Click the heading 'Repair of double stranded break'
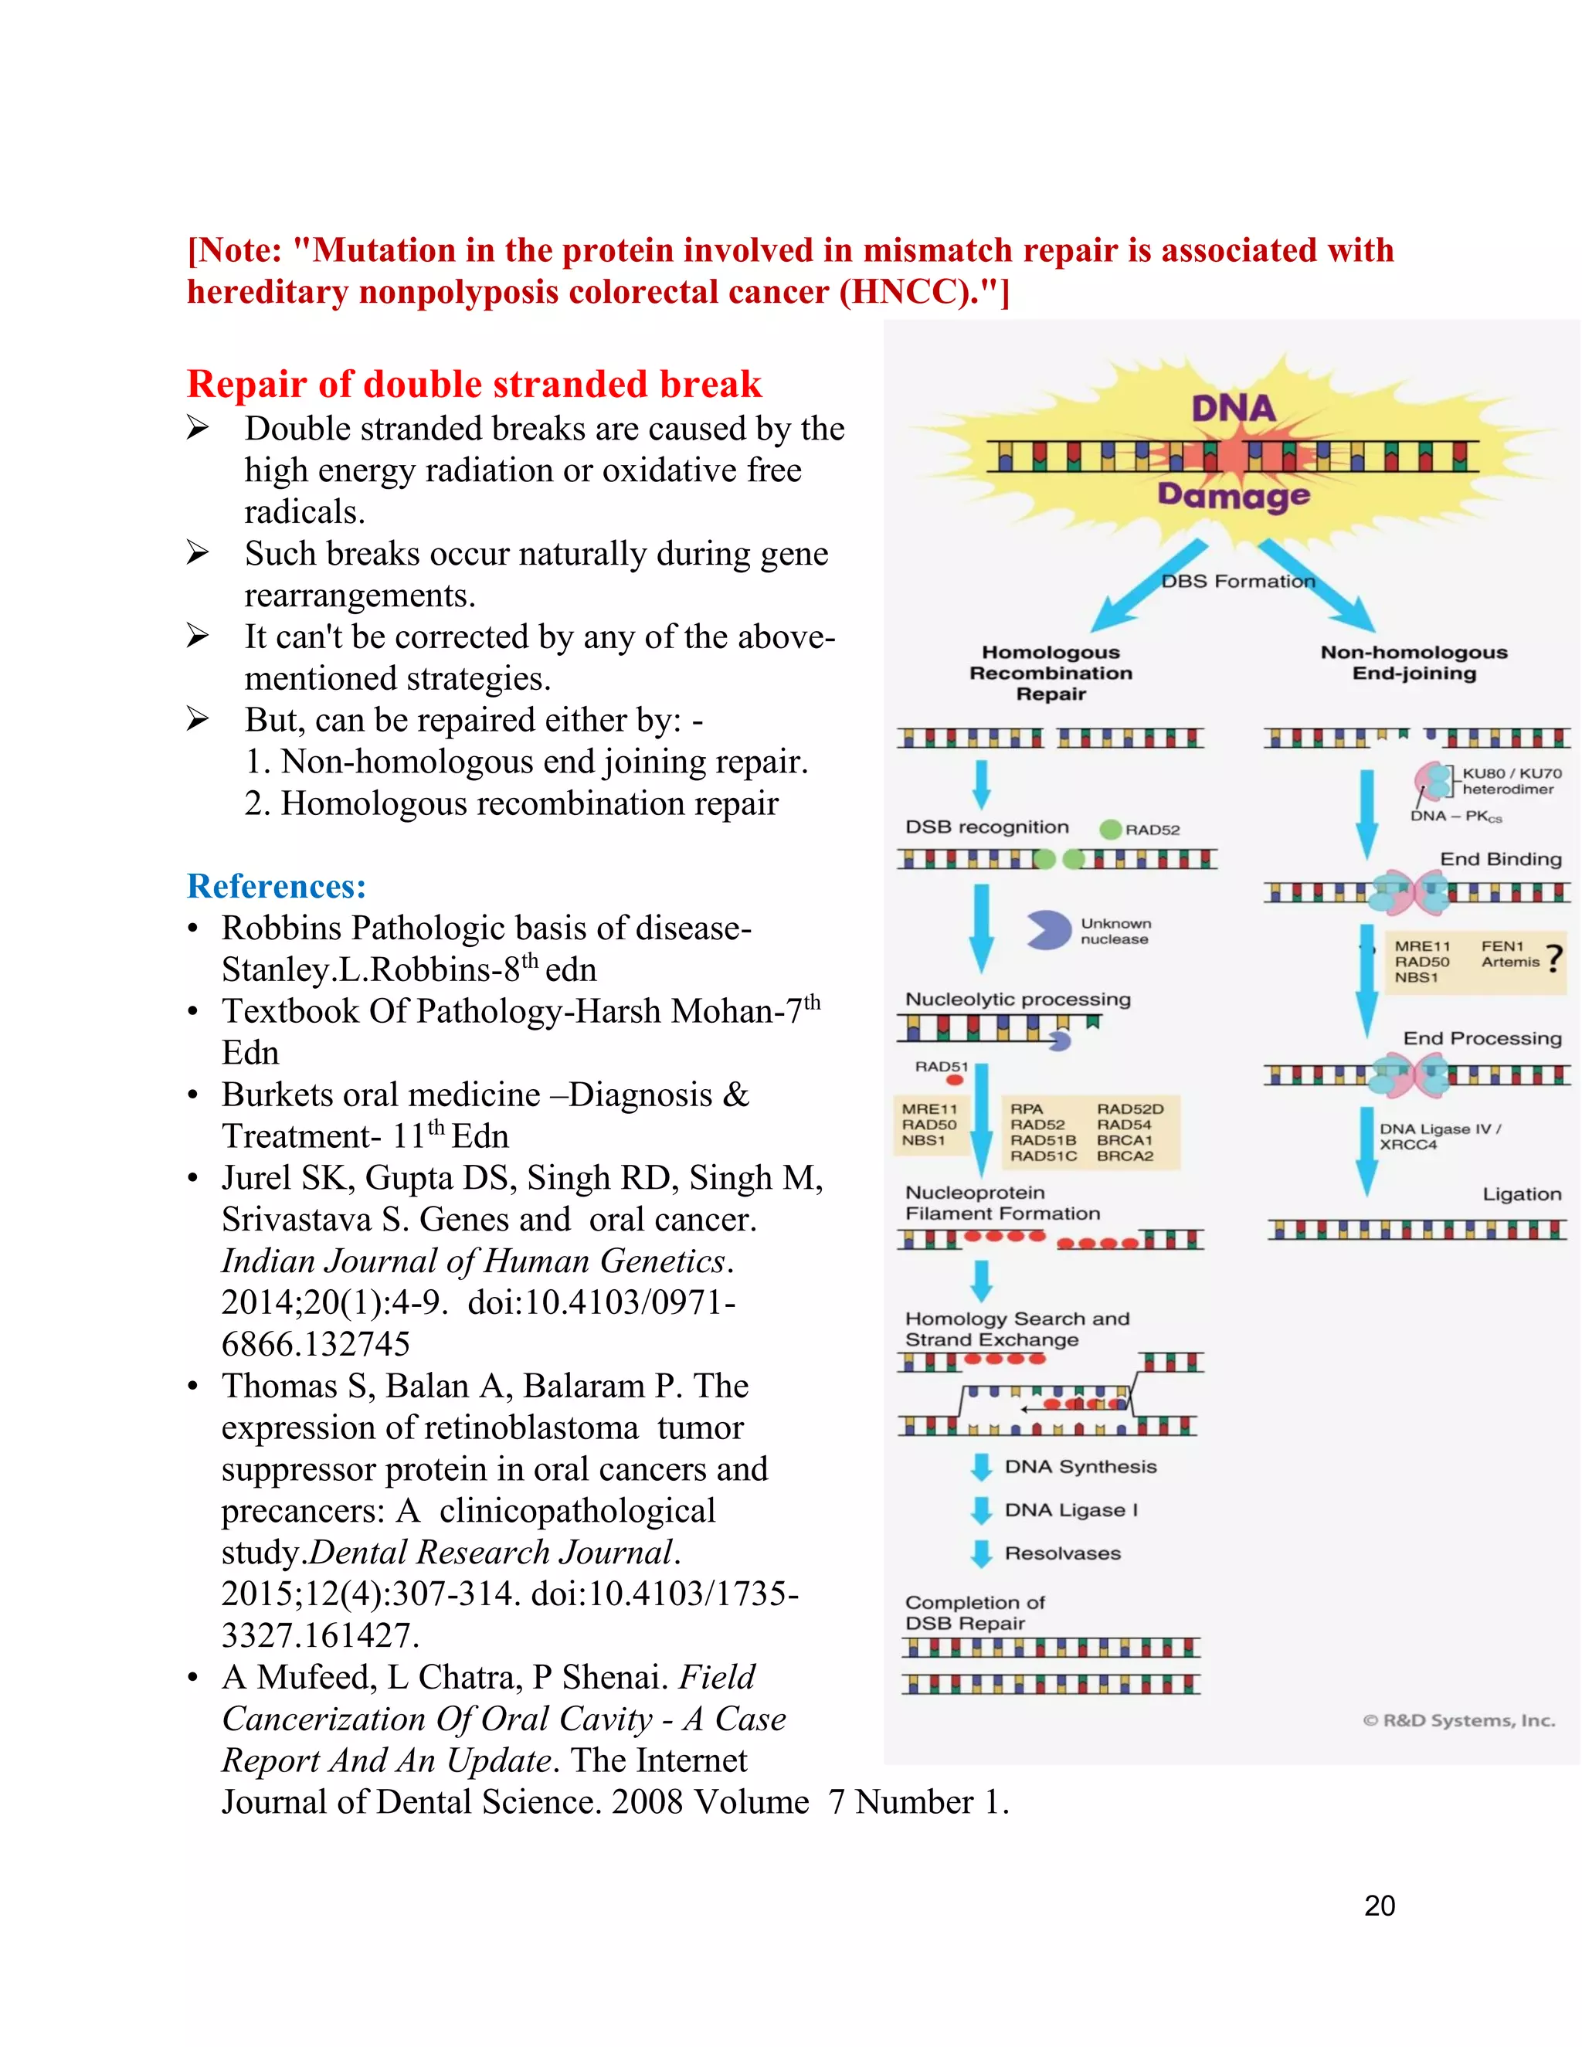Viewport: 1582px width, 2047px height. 474,384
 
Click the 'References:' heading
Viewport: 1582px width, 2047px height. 277,886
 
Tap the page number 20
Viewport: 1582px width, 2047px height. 1380,1906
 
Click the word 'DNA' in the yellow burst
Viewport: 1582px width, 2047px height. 1234,408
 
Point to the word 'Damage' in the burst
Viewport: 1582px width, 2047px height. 1234,494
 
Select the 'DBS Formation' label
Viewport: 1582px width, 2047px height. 1238,581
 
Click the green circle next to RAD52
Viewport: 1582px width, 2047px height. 1111,829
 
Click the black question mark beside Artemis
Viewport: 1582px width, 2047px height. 1555,958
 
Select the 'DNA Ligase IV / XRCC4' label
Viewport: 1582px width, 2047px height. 1440,1136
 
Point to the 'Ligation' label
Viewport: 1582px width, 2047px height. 1521,1194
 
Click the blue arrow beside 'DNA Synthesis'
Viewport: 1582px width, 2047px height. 981,1467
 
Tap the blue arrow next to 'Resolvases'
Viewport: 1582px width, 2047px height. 981,1553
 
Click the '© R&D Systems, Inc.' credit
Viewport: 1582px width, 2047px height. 1458,1721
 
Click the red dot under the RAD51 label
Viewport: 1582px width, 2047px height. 955,1081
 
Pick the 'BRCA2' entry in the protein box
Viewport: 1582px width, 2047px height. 1125,1156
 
